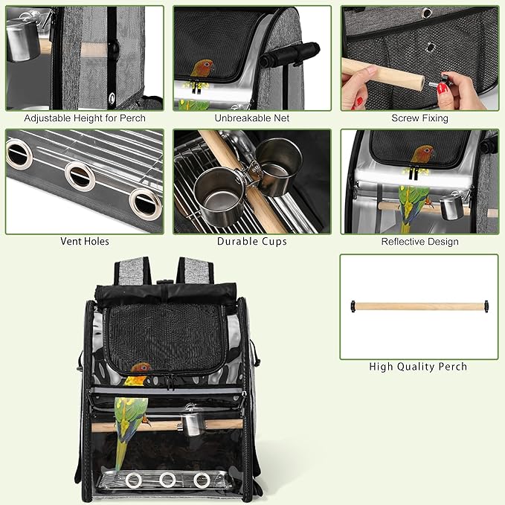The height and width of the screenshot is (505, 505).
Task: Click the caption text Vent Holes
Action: tap(85, 241)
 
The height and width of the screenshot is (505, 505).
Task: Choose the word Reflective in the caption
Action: tap(402, 242)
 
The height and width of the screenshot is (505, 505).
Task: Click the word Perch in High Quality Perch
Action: tap(453, 367)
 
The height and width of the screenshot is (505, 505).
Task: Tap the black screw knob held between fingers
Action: tap(445, 79)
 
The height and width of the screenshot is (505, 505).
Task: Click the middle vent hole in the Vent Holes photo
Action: tap(80, 176)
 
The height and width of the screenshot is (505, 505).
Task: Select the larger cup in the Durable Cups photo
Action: tap(220, 197)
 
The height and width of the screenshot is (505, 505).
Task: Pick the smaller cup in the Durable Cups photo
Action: tap(279, 167)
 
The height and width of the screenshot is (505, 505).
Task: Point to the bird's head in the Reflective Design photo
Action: tap(424, 152)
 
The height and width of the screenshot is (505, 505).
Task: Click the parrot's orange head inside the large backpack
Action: tap(141, 367)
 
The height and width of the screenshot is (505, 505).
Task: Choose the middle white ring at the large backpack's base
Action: tap(167, 480)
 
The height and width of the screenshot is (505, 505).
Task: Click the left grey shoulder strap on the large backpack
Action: tap(132, 271)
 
